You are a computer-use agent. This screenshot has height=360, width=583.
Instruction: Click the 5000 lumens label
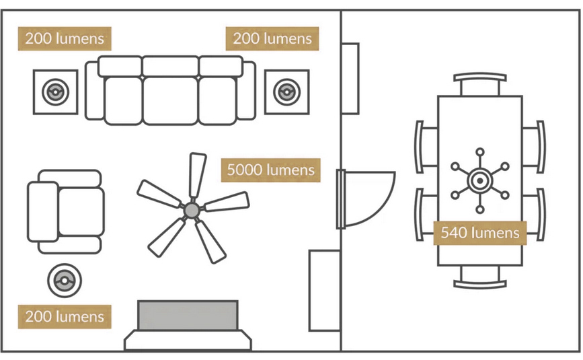[271, 170]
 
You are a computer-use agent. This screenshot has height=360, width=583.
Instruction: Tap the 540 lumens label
[480, 233]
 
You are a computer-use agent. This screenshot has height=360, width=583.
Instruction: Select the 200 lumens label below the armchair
[65, 316]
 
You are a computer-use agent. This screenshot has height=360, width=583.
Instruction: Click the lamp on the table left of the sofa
[55, 92]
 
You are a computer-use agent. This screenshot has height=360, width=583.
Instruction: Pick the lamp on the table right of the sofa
[286, 92]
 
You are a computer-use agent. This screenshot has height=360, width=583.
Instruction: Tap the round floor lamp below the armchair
[65, 281]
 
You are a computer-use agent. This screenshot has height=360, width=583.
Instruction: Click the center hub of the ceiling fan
[192, 210]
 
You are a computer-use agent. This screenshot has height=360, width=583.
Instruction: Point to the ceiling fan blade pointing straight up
[197, 175]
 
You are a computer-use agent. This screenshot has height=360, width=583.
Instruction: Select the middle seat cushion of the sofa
[170, 100]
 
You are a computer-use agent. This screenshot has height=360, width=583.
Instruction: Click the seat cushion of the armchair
[81, 211]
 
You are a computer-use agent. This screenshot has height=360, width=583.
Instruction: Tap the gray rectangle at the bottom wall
[188, 315]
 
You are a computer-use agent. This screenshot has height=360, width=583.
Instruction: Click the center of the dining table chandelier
[480, 181]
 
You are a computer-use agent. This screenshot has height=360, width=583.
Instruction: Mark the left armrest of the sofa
[94, 91]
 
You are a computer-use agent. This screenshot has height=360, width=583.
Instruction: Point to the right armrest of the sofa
[247, 91]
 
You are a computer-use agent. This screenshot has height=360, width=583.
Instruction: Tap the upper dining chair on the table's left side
[426, 147]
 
